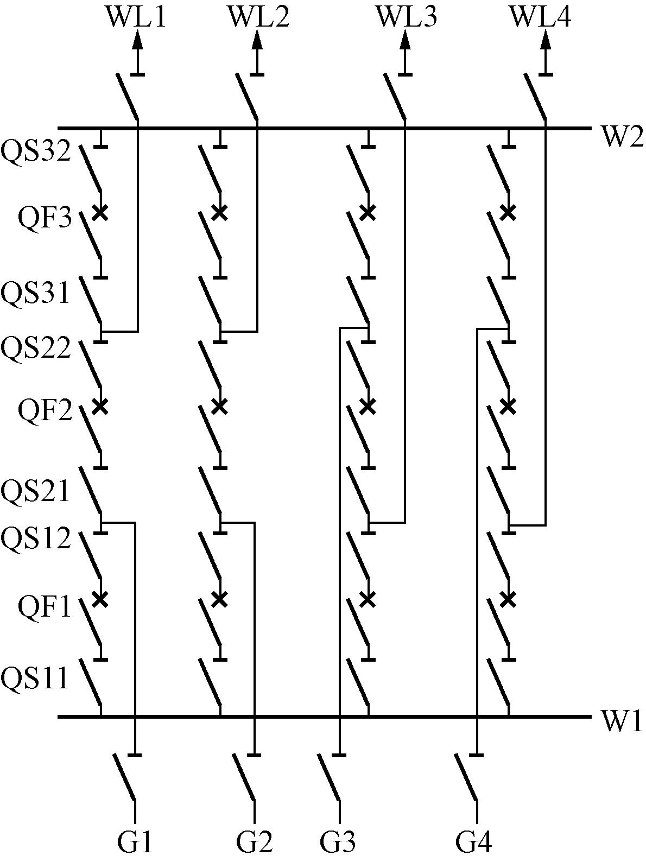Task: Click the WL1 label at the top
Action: click(136, 17)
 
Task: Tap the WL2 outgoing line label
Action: click(258, 17)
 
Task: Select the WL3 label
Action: click(407, 17)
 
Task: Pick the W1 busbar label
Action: click(622, 722)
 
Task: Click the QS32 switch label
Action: click(36, 151)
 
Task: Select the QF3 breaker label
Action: click(45, 219)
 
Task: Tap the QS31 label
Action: click(36, 294)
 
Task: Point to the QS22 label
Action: click(36, 348)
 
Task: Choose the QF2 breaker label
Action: click(45, 411)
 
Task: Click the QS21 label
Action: click(36, 492)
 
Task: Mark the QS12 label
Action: click(36, 539)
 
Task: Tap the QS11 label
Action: click(36, 678)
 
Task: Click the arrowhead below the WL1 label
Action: click(138, 41)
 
